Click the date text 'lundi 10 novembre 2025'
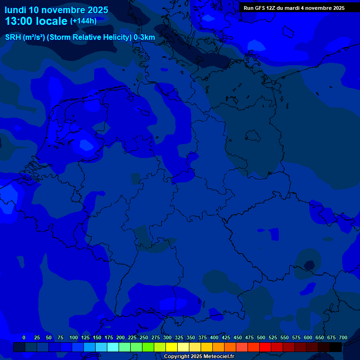tap(56, 10)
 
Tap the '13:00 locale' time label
tap(37, 21)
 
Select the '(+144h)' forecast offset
tap(83, 21)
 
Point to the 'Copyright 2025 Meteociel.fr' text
tap(199, 356)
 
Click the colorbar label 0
tap(24, 337)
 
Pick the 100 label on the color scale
tap(74, 337)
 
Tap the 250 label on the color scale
tap(144, 337)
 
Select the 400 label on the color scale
tap(214, 337)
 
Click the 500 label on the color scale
tap(261, 337)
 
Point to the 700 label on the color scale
tap(343, 337)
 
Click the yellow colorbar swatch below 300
tap(172, 347)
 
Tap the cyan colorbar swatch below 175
tap(113, 347)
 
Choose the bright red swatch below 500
tap(265, 347)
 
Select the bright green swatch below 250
tap(148, 347)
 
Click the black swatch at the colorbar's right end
tap(336, 347)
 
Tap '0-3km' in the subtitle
tap(144, 37)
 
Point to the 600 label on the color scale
tap(308, 337)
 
